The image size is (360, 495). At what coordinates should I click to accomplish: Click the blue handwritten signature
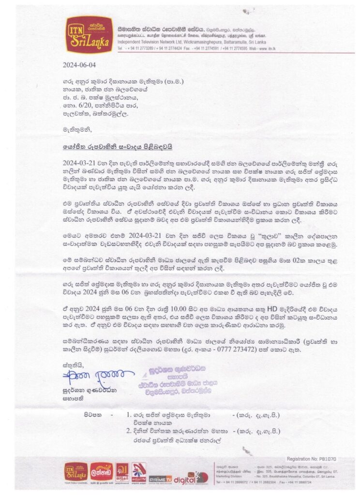pos(86,375)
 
